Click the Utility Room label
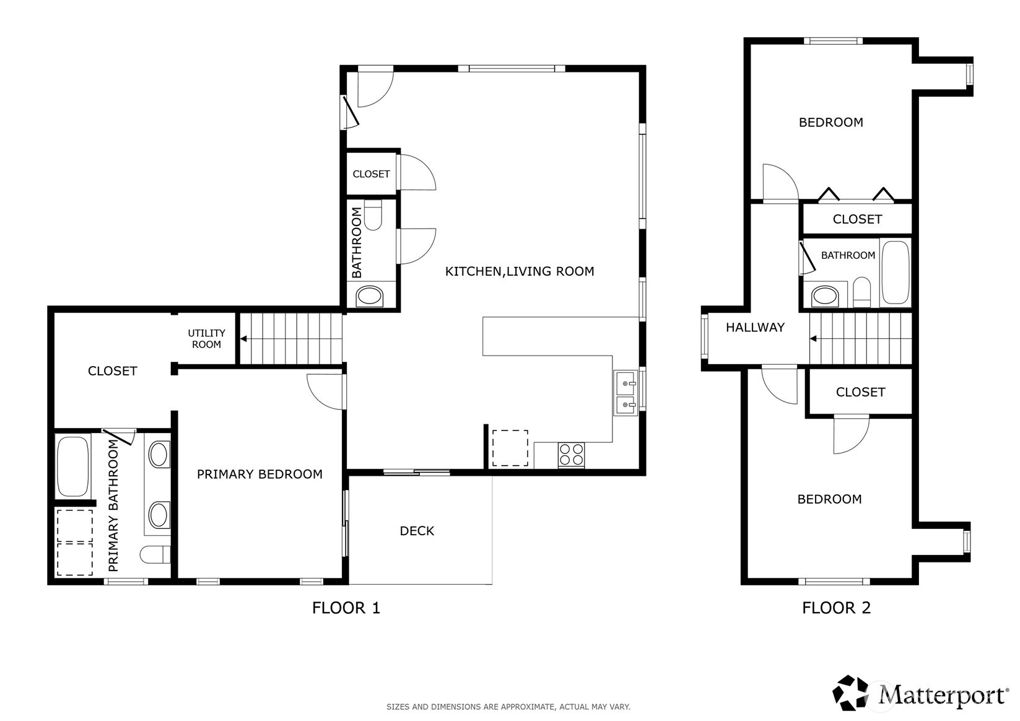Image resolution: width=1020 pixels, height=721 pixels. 206,339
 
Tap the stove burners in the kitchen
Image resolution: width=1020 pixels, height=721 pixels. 572,455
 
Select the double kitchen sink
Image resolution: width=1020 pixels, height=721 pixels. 626,393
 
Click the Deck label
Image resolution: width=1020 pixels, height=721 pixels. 417,531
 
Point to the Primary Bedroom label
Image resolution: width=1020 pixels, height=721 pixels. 259,474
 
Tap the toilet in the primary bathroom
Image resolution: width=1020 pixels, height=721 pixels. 155,554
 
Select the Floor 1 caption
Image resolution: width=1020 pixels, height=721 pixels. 346,608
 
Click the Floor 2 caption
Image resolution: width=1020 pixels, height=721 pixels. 837,608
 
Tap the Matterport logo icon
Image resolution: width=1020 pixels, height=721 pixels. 850,693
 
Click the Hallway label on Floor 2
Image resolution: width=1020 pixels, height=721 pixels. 755,328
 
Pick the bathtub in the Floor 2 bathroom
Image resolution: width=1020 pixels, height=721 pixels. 896,273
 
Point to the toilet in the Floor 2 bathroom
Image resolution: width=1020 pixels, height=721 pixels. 861,292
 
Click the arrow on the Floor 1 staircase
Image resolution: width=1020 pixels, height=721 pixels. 243,339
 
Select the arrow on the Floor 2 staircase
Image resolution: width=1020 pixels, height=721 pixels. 813,339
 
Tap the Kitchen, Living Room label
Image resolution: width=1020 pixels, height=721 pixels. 520,271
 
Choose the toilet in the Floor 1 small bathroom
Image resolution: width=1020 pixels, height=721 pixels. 373,215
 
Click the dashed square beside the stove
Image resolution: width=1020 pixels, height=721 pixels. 510,448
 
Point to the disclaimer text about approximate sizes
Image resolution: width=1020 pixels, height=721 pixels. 508,707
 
